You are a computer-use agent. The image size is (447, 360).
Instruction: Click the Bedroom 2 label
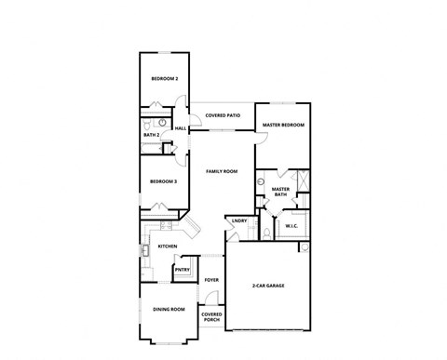pos(165,79)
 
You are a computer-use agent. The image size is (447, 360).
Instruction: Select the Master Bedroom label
pos(283,124)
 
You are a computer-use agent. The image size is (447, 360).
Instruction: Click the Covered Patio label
pos(223,114)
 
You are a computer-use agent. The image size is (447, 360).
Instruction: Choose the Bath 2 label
pos(151,136)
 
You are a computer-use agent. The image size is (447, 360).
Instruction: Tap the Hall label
pos(181,128)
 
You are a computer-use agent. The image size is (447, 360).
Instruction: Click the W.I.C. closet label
pos(292,226)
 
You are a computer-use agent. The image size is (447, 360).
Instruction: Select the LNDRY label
pos(239,220)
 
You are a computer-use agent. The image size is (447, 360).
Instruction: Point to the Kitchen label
pos(168,247)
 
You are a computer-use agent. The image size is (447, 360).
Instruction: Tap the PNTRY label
pos(183,270)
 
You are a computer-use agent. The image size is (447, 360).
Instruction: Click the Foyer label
pos(211,279)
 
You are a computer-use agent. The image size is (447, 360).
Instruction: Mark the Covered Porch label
pos(211,317)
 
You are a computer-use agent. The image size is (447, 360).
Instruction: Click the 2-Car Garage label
pos(268,285)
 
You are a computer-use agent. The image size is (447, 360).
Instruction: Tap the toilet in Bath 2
pos(147,122)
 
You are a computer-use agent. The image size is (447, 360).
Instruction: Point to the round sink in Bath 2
pos(161,122)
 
